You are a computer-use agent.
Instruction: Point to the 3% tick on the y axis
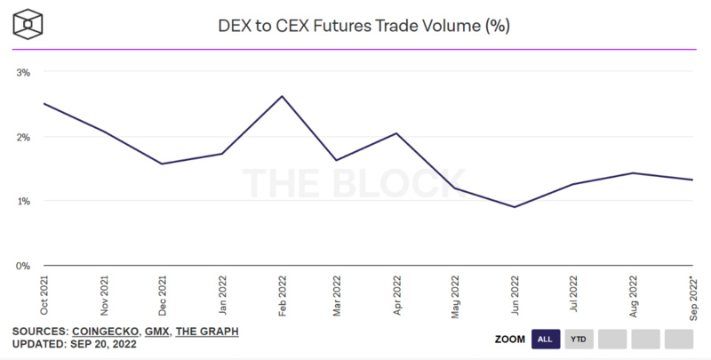tap(24, 71)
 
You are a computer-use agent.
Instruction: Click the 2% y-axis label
tap(24, 136)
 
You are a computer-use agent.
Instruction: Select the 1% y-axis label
tap(24, 201)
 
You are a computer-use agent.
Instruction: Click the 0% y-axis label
tap(24, 266)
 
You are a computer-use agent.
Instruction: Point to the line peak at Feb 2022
tap(282, 96)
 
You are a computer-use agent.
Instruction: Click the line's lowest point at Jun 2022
tap(515, 207)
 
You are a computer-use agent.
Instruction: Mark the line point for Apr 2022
tap(396, 133)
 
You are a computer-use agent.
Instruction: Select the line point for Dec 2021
tap(162, 164)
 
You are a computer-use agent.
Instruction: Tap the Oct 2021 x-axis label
tap(44, 294)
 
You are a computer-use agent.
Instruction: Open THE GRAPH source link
tap(206, 332)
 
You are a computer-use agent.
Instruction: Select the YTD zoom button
tap(578, 339)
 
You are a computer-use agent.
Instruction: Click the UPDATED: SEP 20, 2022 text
tap(75, 344)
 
